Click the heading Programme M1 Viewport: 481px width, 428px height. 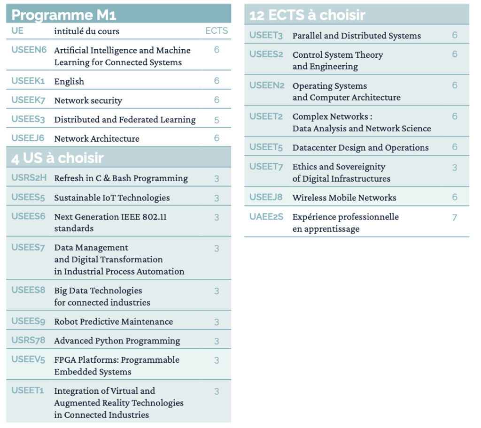coord(63,15)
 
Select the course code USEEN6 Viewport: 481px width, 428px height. coord(29,50)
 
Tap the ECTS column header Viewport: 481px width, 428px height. coord(217,31)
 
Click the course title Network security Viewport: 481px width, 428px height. coord(88,100)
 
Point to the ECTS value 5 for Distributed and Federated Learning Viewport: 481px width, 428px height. coord(217,120)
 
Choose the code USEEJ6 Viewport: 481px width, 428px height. coord(28,138)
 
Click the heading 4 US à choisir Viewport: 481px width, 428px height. coord(57,158)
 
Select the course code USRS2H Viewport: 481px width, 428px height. coord(29,177)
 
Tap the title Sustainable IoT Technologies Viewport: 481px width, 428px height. coord(112,198)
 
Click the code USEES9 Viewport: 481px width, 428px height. coord(28,321)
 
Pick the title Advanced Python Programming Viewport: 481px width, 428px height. coord(117,341)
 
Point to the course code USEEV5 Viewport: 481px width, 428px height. coord(28,359)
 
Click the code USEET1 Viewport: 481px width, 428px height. coord(28,390)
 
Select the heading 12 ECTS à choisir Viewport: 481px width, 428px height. coord(307,15)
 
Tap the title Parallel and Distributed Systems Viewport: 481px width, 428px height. coord(357,36)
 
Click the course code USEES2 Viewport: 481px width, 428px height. coord(266,54)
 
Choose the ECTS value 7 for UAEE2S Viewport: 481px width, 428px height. coord(455,217)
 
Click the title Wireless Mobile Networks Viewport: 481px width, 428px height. coord(344,198)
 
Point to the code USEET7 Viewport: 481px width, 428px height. coord(266,167)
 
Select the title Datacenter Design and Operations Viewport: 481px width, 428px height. coord(361,147)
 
